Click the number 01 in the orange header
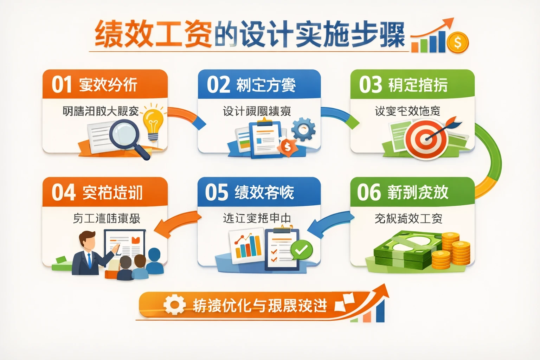tap(62, 85)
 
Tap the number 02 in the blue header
tap(218, 85)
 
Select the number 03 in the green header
tap(370, 85)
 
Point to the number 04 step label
tap(63, 192)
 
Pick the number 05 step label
tap(216, 192)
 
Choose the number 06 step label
tap(369, 192)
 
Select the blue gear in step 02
tap(303, 129)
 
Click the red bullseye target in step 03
tap(426, 139)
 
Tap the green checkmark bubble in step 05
tap(301, 250)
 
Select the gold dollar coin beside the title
tap(457, 43)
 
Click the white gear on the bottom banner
tap(174, 304)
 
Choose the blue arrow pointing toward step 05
tap(329, 223)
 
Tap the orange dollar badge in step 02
tap(288, 147)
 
